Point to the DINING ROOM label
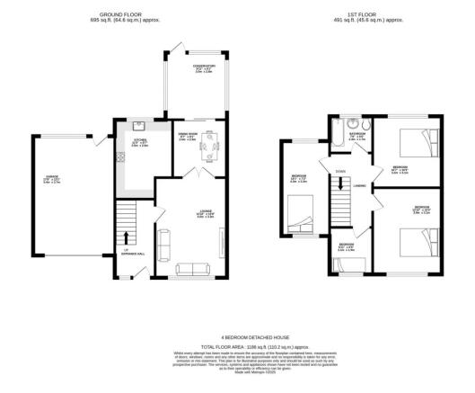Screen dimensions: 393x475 (x=188, y=135)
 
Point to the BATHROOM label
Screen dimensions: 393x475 (x=357, y=135)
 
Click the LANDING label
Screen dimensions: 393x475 (x=358, y=187)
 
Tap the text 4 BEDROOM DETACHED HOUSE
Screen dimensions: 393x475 (x=236, y=338)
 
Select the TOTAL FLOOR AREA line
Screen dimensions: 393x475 (x=236, y=346)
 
